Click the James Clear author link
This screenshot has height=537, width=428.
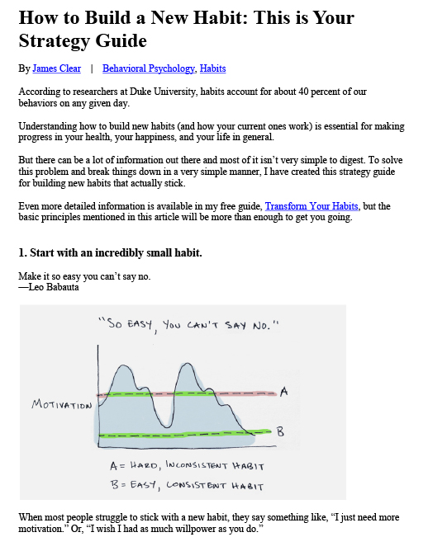tap(56, 68)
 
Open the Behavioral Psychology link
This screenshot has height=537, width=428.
tap(149, 68)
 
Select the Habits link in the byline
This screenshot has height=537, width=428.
tap(212, 68)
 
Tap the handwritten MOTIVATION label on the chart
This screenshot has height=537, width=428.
tap(62, 404)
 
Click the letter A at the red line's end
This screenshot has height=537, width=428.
tap(284, 393)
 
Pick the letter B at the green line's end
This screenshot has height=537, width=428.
tap(280, 430)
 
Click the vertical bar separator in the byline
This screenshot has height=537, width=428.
tap(92, 68)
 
